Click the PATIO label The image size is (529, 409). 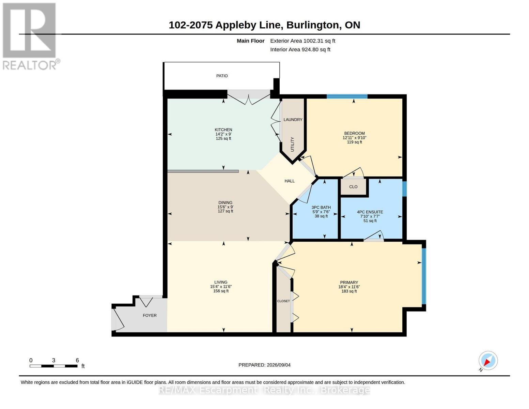pos(222,76)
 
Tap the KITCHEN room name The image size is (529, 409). pos(223,130)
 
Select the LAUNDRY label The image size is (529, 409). pos(293,120)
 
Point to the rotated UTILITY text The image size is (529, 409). pos(292,144)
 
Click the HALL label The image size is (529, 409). pos(290,181)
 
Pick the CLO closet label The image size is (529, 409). pos(353,187)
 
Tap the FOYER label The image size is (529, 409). pos(150,316)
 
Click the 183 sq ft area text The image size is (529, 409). pos(349,291)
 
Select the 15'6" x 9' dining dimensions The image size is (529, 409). pos(225,207)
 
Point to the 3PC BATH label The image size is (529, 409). pos(321,208)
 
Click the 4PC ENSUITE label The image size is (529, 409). pos(370,212)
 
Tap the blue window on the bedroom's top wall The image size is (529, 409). pos(347,96)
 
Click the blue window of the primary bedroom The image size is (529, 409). pos(424,276)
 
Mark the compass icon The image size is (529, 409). pos(488,361)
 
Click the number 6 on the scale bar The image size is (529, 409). pos(77,360)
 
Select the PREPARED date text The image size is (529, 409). pos(264,365)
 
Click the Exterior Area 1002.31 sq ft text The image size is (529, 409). pos(302,41)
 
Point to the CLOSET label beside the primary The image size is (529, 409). pos(283,301)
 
